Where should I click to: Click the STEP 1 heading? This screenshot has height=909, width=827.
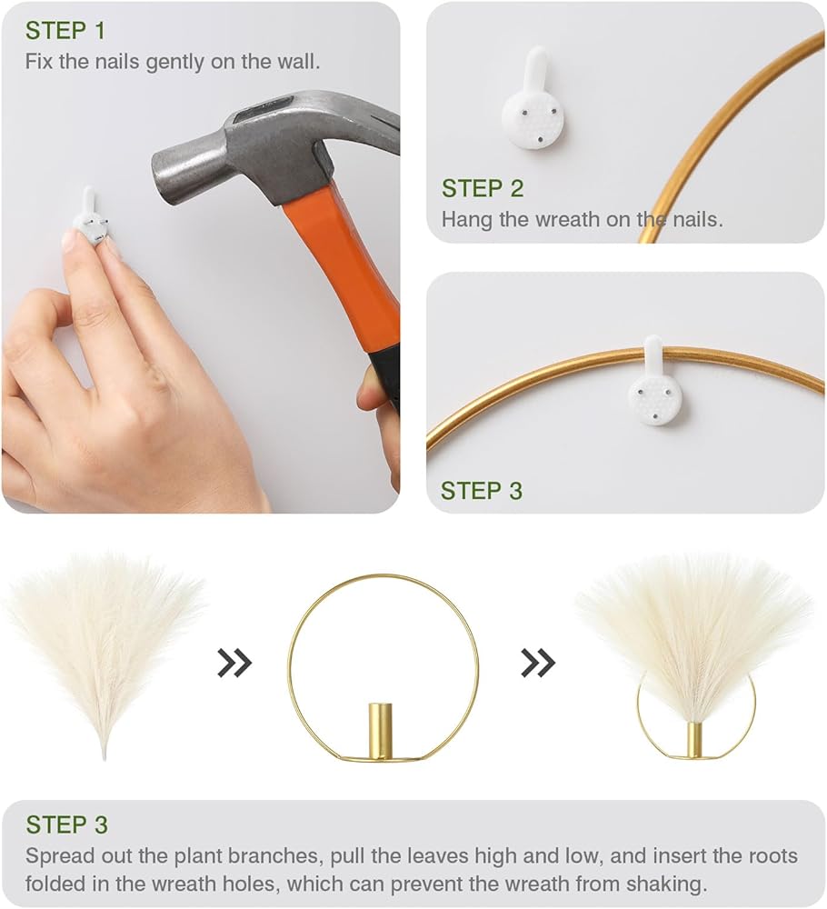(x=65, y=31)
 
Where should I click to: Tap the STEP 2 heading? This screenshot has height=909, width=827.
(x=483, y=188)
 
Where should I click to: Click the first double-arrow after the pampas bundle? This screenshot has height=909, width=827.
(x=234, y=664)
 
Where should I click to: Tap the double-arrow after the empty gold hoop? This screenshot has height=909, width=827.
(x=538, y=664)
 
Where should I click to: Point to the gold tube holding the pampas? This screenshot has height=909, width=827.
(x=693, y=739)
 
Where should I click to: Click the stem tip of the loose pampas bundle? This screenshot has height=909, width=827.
(x=104, y=757)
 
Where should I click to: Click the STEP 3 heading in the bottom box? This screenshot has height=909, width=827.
(x=66, y=824)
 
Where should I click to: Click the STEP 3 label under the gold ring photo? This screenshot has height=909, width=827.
(x=482, y=491)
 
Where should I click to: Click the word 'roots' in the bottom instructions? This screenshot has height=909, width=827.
(x=772, y=856)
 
